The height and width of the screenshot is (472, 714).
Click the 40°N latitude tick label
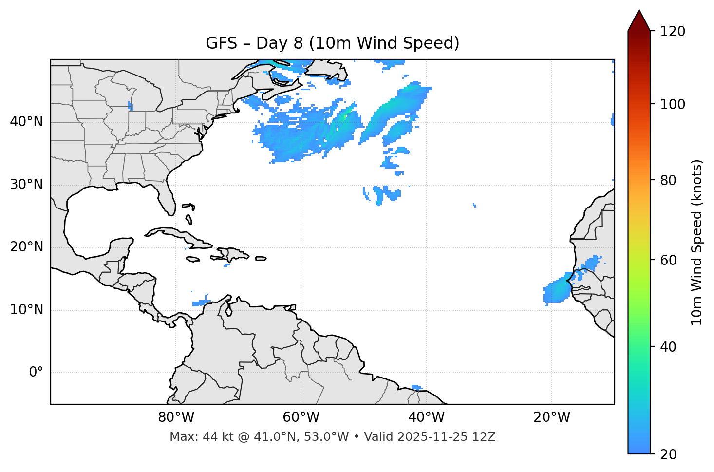coord(26,122)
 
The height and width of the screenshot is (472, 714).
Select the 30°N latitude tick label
coord(26,185)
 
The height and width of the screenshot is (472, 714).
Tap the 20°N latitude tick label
coord(26,247)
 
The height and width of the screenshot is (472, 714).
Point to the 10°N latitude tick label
coord(26,310)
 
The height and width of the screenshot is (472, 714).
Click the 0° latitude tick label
coord(36,373)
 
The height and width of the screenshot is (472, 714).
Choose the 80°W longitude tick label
coord(176,417)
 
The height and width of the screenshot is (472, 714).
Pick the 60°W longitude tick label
coord(301,417)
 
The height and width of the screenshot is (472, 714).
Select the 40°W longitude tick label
coord(426,417)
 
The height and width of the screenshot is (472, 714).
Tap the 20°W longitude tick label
coord(551,417)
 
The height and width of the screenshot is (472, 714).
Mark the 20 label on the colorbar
coord(668,454)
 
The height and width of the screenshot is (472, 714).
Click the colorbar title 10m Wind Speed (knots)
coord(697,243)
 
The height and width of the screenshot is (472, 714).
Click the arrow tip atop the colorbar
coord(639,11)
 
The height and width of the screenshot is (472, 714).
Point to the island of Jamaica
coord(193,259)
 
